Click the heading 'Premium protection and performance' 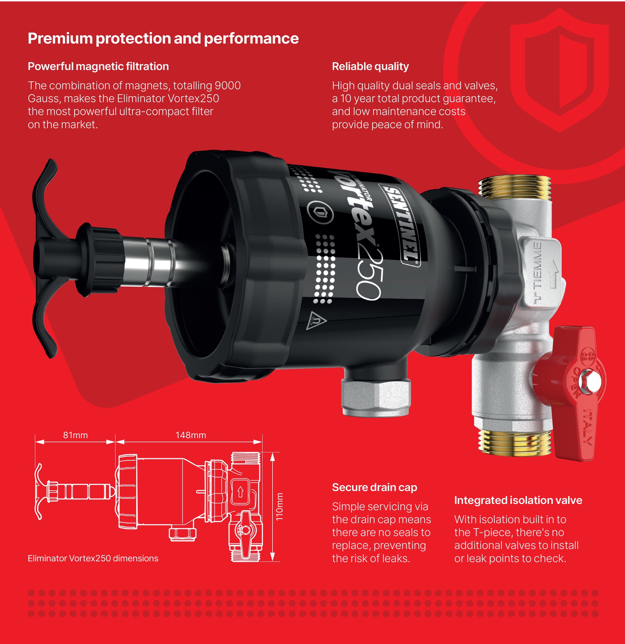click(x=163, y=38)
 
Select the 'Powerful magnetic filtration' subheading click(x=98, y=66)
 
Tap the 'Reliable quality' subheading click(x=370, y=66)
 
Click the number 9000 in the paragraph click(x=227, y=86)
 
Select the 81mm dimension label click(x=75, y=435)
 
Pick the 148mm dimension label click(x=191, y=435)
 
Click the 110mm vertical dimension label click(x=279, y=506)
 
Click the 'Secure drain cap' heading click(x=374, y=487)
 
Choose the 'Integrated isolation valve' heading click(x=518, y=500)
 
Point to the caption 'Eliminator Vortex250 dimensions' click(x=93, y=558)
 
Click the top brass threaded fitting click(x=514, y=188)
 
